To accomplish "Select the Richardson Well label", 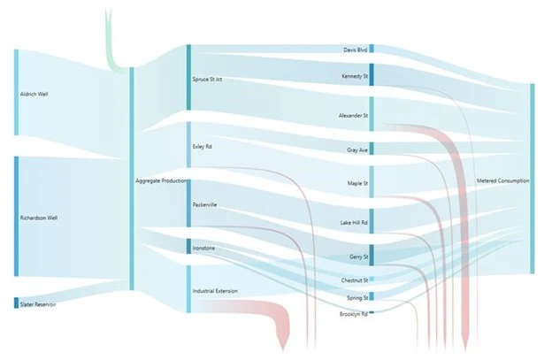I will pos(39,217).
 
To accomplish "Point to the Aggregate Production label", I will pos(161,180).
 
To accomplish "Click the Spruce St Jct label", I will pos(207,79).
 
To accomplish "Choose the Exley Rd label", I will pos(202,146).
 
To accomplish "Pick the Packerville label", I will pos(204,205).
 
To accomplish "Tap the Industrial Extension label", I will pos(215,290).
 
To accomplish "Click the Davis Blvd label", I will pos(356,50).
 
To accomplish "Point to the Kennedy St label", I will pos(354,76).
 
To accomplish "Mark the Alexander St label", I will pos(352,116).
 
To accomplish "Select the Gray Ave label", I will pos(357,150).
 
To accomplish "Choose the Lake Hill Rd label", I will pos(353,223).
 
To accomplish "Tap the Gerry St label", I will pos(356,256).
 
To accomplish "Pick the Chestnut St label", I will pos(354,280).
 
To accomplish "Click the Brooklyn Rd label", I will pos(353,313).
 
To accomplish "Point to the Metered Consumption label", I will pos(502,180).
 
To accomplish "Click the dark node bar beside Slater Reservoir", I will pos(15,303).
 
